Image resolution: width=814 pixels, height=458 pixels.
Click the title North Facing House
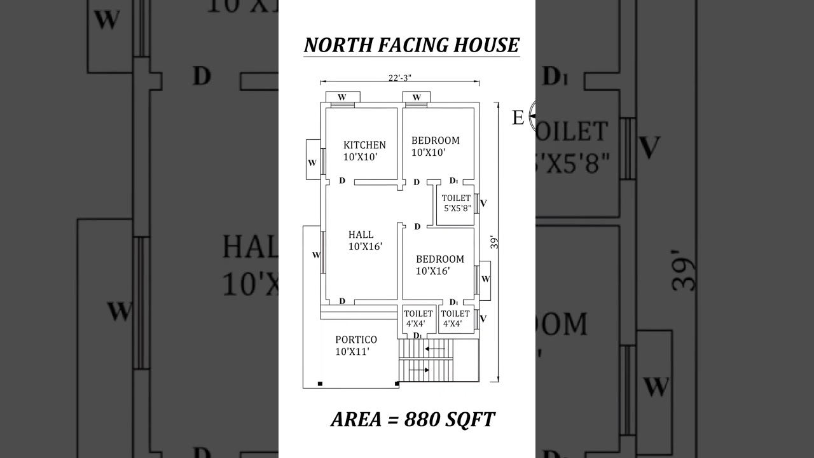pos(411,45)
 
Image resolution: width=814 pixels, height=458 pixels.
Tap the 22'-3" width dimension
pos(400,78)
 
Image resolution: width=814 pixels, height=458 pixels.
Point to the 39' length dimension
pos(494,243)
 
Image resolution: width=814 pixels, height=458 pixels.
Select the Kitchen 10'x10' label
pos(364,150)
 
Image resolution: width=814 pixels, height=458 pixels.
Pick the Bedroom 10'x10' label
pos(434,146)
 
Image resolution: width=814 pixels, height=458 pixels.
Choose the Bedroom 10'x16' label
pos(439,265)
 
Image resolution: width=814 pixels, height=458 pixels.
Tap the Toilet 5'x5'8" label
pos(457,203)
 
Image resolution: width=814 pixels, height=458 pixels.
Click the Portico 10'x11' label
pos(355,345)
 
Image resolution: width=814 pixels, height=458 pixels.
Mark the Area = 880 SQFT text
pos(412,420)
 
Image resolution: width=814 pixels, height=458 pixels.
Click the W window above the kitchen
pos(342,97)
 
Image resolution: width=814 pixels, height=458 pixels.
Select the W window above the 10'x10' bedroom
pos(417,97)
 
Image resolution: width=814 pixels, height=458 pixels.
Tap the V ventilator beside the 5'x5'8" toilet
pos(483,204)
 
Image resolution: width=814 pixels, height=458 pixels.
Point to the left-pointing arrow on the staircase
pos(436,349)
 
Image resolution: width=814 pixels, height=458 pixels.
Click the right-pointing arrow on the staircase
pos(418,369)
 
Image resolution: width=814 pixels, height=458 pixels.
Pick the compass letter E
pos(518,118)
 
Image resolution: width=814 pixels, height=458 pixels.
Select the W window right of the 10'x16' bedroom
pos(485,279)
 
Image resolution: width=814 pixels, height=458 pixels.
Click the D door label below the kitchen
pos(342,181)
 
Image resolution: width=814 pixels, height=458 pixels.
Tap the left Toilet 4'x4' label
pos(418,318)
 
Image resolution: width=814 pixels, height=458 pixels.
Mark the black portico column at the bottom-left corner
pos(319,383)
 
